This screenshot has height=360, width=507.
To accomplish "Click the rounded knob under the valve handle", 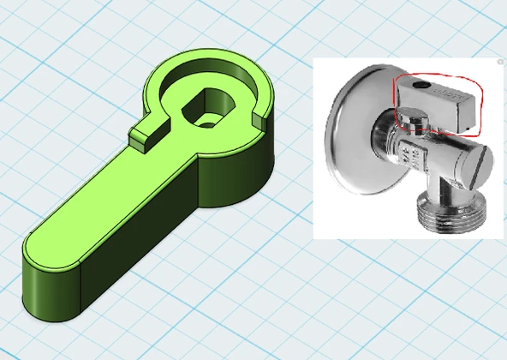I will [x=409, y=122].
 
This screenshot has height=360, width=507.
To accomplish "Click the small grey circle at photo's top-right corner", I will [x=500, y=62].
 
